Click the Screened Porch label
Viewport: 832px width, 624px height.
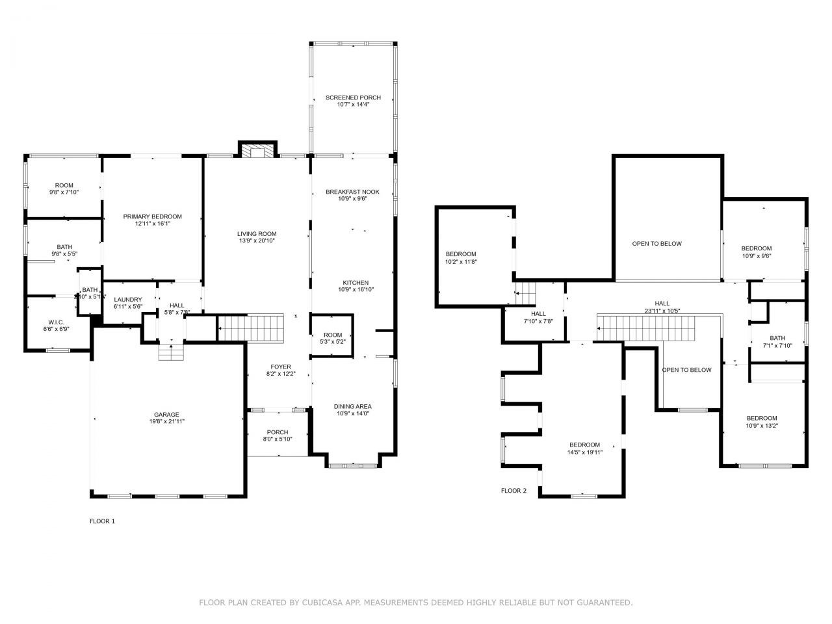[353, 97]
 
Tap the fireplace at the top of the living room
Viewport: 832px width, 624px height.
[258, 151]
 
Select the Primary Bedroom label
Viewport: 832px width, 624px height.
[153, 216]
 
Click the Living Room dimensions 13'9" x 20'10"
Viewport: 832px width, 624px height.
[257, 241]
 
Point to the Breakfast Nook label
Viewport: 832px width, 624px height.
[352, 192]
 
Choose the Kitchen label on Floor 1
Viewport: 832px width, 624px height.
[356, 283]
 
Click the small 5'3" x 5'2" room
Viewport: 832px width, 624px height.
[332, 337]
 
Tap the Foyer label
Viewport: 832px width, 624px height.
[281, 367]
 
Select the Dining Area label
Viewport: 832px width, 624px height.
[353, 407]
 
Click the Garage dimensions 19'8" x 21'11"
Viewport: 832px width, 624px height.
[166, 421]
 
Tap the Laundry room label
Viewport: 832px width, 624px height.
[127, 300]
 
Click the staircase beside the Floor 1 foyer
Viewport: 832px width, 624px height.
[250, 328]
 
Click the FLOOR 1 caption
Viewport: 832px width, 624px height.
[102, 521]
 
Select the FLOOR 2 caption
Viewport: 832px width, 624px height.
[513, 491]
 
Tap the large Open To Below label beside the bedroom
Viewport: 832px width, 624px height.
[656, 244]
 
